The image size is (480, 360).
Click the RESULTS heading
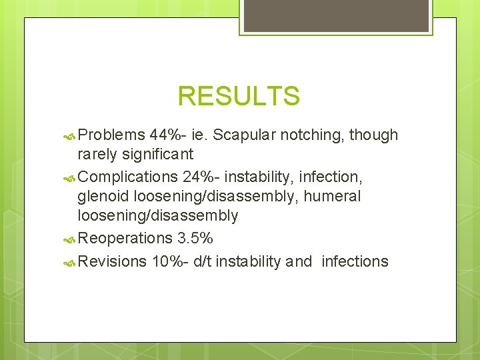(239, 97)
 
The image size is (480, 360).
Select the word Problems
(111, 135)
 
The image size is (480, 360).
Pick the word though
(374, 135)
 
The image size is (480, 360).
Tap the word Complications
(126, 177)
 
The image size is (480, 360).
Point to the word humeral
(333, 197)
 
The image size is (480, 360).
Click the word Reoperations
(125, 238)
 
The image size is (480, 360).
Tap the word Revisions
(112, 261)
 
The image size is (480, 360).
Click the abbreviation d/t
(202, 261)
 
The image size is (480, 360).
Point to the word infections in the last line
(355, 261)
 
